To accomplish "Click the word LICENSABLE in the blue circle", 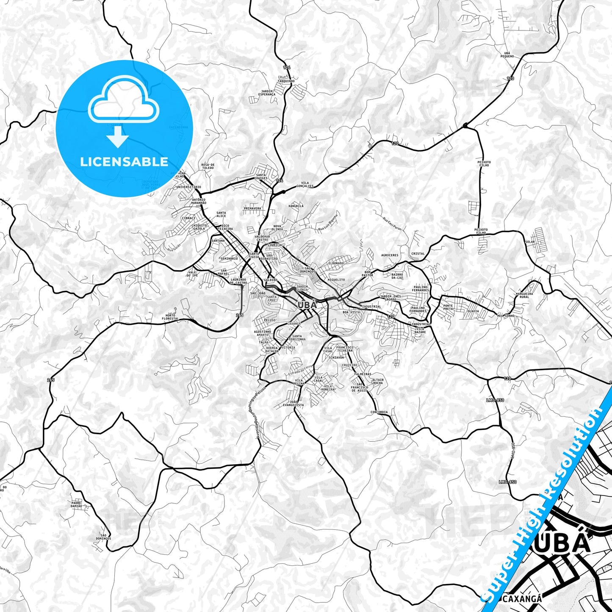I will coord(124,162).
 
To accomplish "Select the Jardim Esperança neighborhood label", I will coord(268,93).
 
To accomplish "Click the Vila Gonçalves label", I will coord(305,185).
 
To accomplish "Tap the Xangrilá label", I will coord(296,206).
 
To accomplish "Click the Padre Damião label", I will coord(76,505).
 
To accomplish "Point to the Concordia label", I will coord(379,412).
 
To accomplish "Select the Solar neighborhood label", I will coord(530,242).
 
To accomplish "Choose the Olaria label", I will coord(473,311).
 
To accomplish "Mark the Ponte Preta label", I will coord(448,307).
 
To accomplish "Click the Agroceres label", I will coord(390,255).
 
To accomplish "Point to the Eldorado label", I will coord(336,263).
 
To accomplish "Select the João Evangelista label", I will coord(294,403).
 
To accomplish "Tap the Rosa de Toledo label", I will coord(208,166).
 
